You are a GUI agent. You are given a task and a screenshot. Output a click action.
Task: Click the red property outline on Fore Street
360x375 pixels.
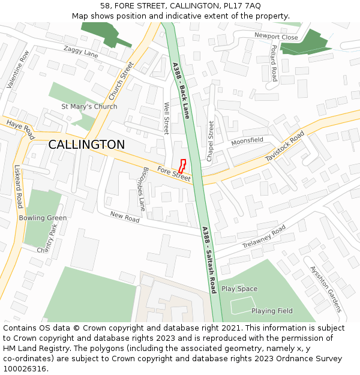(x=182, y=166)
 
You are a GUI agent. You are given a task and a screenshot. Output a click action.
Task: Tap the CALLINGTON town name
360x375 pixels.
(x=86, y=145)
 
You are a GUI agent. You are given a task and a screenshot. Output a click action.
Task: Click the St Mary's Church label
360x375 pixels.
(x=89, y=107)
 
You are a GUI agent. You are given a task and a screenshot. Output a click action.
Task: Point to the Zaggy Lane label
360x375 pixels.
(x=80, y=53)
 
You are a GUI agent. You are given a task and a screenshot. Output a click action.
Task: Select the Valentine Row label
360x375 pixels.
(x=17, y=70)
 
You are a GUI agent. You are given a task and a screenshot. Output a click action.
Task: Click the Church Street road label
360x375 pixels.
(x=121, y=81)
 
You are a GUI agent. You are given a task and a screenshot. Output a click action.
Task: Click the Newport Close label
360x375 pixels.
(x=276, y=37)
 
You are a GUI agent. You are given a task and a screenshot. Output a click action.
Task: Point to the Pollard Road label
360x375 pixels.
(x=274, y=63)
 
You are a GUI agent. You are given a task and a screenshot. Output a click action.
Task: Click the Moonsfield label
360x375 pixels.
(x=247, y=140)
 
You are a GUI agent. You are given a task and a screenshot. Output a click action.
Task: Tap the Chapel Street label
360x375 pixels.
(x=211, y=141)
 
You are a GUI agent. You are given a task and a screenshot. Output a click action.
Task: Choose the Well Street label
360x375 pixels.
(x=167, y=118)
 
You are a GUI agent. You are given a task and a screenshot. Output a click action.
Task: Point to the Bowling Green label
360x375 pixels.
(x=43, y=218)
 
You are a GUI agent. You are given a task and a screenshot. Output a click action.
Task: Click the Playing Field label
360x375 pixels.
(x=272, y=311)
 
